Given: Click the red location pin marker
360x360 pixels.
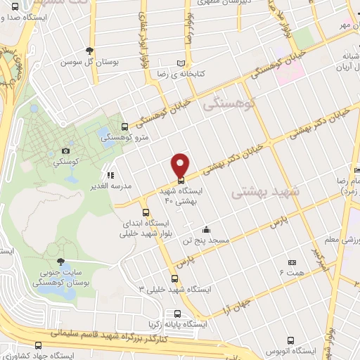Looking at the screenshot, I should pos(180,164).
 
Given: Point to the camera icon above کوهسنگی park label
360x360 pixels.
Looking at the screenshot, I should pos(65,150).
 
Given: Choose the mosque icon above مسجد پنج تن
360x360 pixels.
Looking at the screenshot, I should pos(205,229).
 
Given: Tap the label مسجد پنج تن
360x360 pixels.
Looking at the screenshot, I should pos(205,240).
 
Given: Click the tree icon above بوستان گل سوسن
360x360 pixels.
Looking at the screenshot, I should pos(89,50).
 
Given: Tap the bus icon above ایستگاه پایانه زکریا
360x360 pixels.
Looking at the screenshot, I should pos(177,314).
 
